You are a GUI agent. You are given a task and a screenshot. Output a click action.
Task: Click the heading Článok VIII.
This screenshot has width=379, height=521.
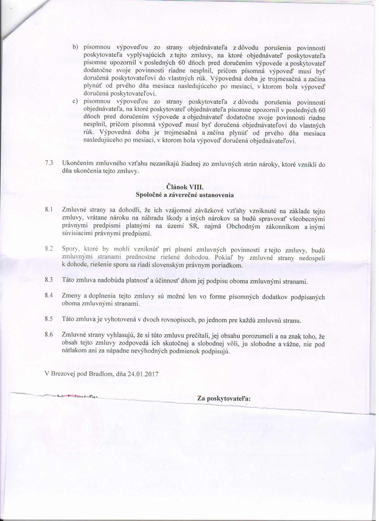184,187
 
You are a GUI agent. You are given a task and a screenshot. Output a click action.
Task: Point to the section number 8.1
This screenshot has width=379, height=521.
49,210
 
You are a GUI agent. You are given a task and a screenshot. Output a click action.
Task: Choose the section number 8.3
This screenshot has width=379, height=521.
49,280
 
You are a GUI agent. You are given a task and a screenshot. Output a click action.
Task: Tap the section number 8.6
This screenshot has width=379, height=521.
49,335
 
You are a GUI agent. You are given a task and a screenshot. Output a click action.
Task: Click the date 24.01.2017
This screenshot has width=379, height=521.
143,374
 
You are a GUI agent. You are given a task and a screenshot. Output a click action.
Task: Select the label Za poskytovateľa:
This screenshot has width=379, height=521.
224,399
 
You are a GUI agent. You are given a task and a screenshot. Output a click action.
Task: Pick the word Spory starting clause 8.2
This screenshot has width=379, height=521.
70,248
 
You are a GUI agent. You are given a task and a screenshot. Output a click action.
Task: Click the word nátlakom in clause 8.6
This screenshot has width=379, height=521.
73,351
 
